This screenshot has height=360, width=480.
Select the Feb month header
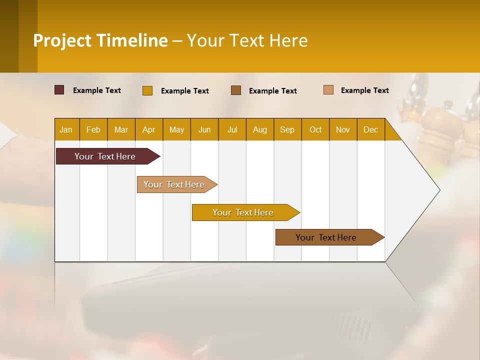pyautogui.click(x=93, y=129)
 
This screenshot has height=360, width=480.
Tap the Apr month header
pyautogui.click(x=149, y=129)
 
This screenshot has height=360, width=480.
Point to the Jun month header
pyautogui.click(x=204, y=129)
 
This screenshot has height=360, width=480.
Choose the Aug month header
pyautogui.click(x=260, y=129)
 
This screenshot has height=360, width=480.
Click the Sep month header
pyautogui.click(x=287, y=129)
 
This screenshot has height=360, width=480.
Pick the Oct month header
pyautogui.click(x=315, y=129)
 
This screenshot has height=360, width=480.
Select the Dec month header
pyautogui.click(x=371, y=129)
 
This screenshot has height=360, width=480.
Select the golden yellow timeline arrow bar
pyautogui.click(x=243, y=212)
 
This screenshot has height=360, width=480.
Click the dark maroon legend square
pyautogui.click(x=59, y=90)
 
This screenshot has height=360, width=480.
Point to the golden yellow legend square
pyautogui.click(x=147, y=90)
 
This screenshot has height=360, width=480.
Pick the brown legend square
pyautogui.click(x=236, y=90)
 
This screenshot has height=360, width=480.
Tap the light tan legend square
pyautogui.click(x=328, y=90)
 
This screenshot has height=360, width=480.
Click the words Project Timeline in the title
pyautogui.click(x=100, y=40)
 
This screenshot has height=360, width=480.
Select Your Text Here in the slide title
pyautogui.click(x=247, y=40)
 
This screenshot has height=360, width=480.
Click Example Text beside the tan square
pyautogui.click(x=365, y=90)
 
